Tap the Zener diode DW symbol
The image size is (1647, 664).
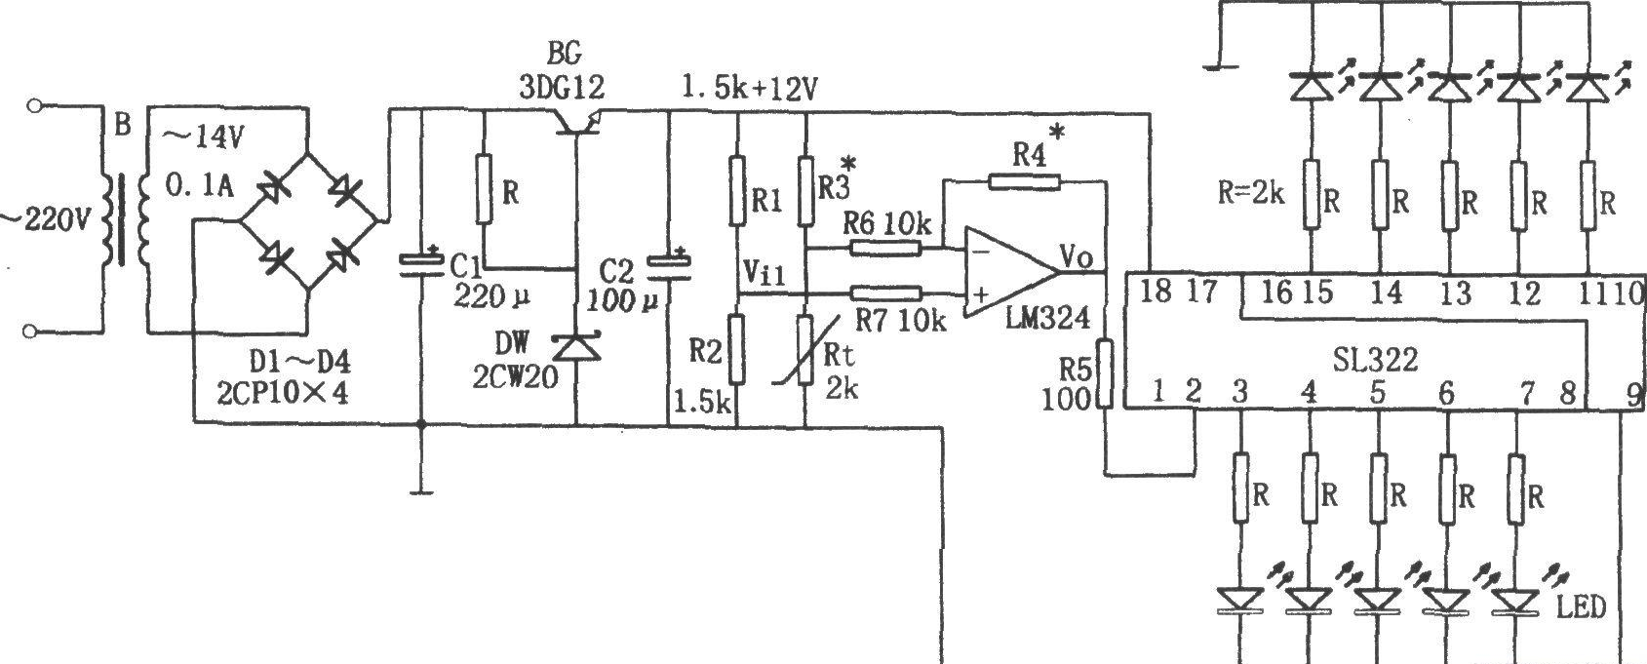pyautogui.click(x=575, y=347)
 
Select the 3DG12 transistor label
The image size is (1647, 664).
pyautogui.click(x=562, y=88)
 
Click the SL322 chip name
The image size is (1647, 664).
pyautogui.click(x=1374, y=361)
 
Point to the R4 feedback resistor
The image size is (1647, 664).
pyautogui.click(x=1024, y=181)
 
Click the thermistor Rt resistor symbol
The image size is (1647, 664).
pyautogui.click(x=805, y=349)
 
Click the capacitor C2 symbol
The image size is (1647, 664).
pyautogui.click(x=668, y=267)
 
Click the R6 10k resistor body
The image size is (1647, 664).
pyautogui.click(x=885, y=248)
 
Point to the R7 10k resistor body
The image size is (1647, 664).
pyautogui.click(x=885, y=294)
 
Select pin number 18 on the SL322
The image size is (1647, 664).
pyautogui.click(x=1156, y=292)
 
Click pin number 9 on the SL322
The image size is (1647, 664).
pyautogui.click(x=1632, y=396)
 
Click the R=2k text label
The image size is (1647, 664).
pyautogui.click(x=1251, y=193)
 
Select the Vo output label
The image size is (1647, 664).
pyautogui.click(x=1076, y=256)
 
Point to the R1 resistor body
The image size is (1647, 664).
pyautogui.click(x=737, y=190)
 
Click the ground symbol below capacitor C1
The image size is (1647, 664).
pyautogui.click(x=421, y=491)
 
